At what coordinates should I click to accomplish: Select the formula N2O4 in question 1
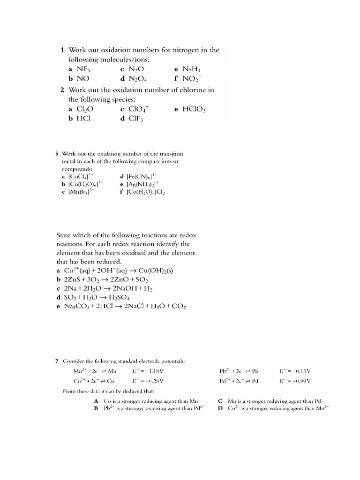tap(135, 79)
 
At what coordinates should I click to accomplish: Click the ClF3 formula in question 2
tap(135, 119)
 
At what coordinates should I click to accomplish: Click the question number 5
tap(57, 154)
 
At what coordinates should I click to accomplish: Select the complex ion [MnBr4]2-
tap(82, 192)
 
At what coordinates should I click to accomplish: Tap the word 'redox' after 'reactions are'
tap(180, 236)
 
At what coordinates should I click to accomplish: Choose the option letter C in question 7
tap(220, 401)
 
